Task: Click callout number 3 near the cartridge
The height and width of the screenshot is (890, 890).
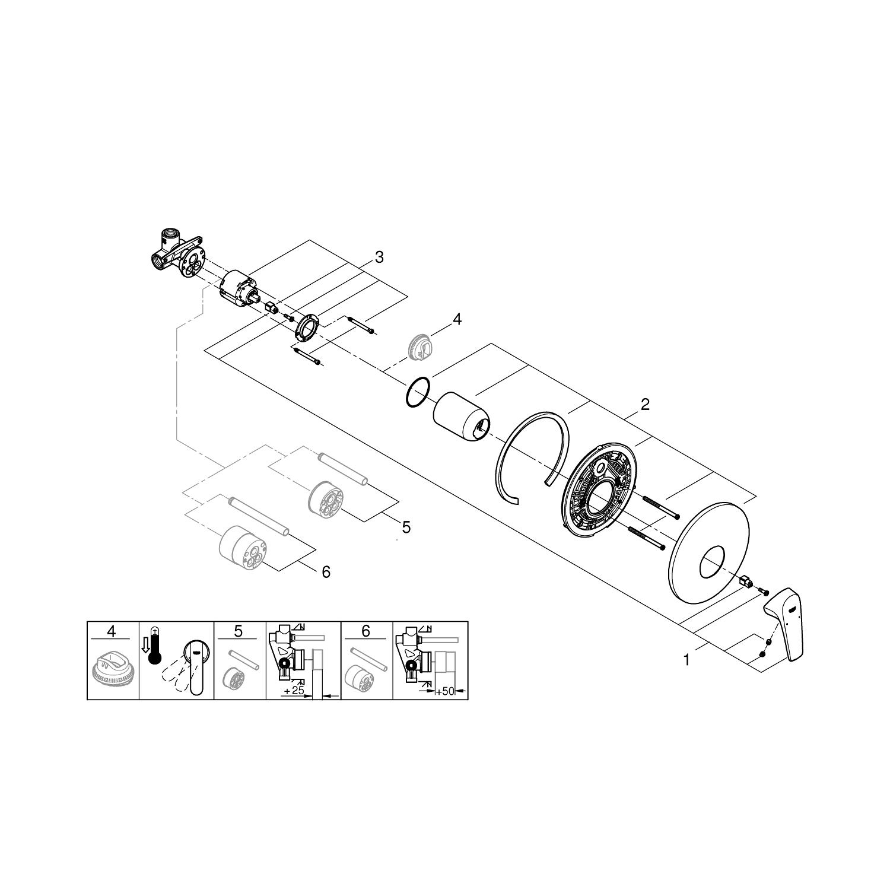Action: coord(379,258)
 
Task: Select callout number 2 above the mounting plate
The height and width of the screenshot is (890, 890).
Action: coord(645,405)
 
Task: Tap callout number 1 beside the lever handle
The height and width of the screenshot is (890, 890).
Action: coord(686,659)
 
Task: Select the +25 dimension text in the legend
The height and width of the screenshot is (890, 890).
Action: coord(294,692)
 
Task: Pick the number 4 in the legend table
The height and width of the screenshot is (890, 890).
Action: coord(112,631)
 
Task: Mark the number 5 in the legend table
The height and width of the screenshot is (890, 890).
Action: coord(238,631)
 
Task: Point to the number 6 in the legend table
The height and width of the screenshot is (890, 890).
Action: coord(365,631)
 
